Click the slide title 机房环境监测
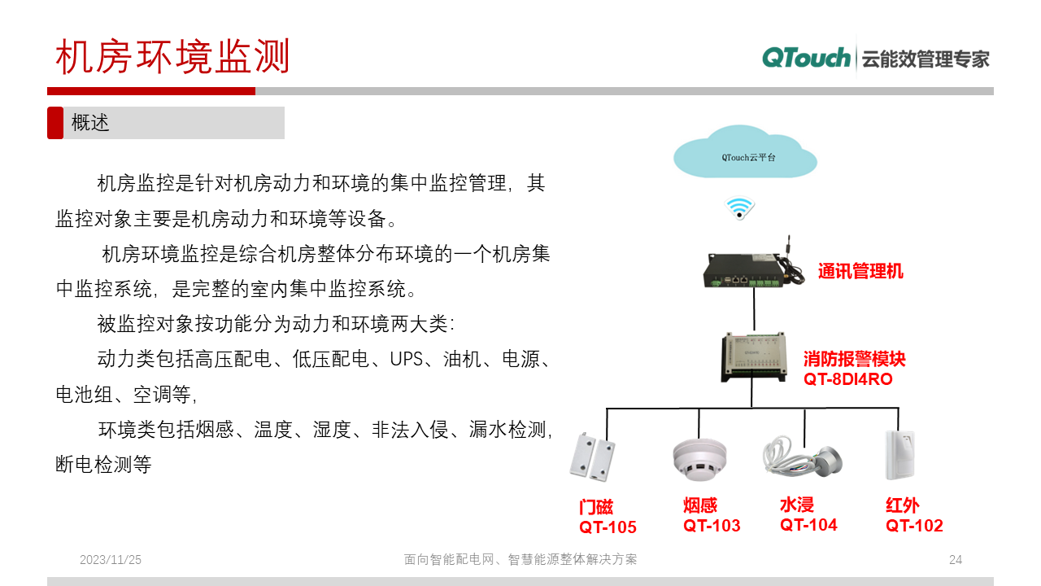pos(172,57)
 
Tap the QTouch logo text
pos(806,58)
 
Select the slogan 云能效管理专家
pos(925,59)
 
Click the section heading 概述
pos(90,123)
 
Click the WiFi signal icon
pos(740,208)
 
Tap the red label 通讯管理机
pos(860,272)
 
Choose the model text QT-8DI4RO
pos(847,379)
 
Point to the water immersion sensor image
pos(802,459)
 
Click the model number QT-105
pos(608,527)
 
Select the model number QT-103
pos(712,526)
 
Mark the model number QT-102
pos(914,526)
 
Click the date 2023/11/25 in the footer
pos(111,560)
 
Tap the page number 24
pos(956,560)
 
